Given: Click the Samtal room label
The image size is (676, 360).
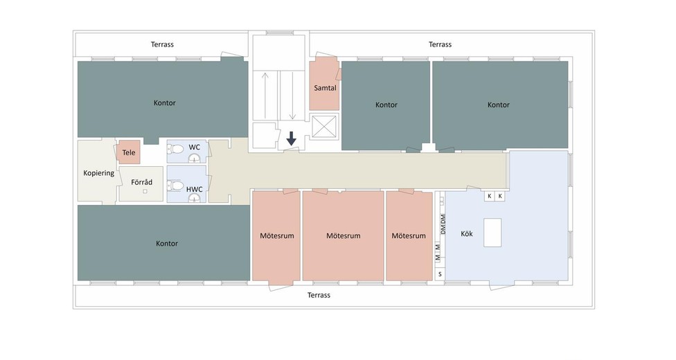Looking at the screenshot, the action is (x=325, y=88).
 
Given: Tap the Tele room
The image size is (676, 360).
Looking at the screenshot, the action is (x=129, y=152).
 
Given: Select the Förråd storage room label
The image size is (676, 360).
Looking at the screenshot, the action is (x=142, y=182).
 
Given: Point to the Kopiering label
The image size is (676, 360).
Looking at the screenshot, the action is (x=99, y=173).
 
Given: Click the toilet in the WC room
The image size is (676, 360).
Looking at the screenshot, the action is (x=176, y=150).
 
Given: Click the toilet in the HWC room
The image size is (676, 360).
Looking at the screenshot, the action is (x=176, y=186).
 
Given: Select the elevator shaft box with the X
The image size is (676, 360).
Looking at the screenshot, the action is (x=323, y=126).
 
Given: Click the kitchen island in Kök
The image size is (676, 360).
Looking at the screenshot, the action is (x=492, y=233).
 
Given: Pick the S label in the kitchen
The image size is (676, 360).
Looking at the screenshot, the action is (x=441, y=274).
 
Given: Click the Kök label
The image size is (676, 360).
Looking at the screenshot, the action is (x=467, y=234).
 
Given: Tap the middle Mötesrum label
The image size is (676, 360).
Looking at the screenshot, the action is (x=343, y=236).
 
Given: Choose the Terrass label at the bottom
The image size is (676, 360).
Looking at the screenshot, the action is (x=319, y=296).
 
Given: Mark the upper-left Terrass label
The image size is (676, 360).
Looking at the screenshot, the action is (x=163, y=44).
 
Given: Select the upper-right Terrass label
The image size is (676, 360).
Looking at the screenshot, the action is (x=441, y=44).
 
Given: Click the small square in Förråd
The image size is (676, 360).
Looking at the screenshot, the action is (x=145, y=192).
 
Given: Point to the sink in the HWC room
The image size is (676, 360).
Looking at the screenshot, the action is (x=195, y=198).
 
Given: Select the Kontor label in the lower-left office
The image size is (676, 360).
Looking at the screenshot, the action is (x=167, y=244).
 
